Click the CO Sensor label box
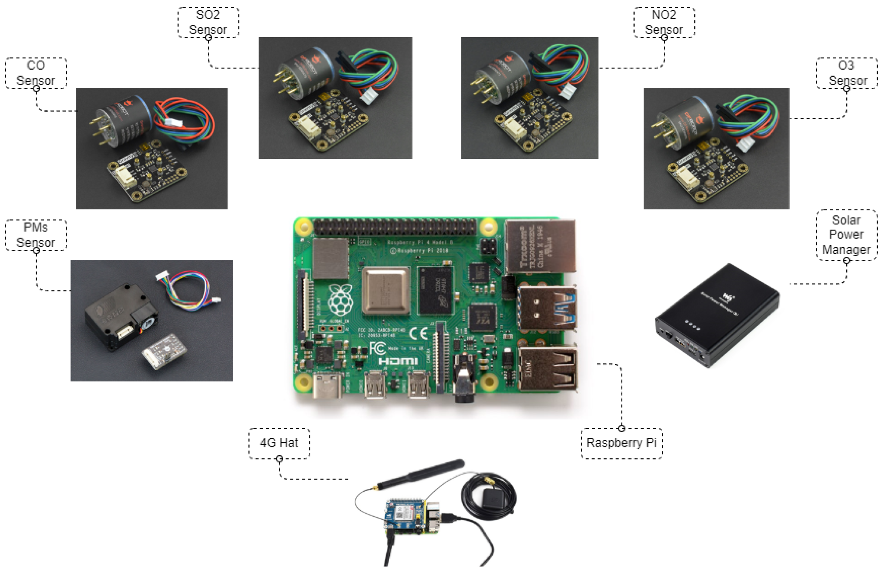36,73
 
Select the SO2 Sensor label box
208,22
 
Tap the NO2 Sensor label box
664,22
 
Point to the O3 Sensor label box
846,73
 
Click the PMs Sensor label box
36,235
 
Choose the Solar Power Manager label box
846,235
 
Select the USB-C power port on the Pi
327,386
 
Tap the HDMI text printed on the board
398,361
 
